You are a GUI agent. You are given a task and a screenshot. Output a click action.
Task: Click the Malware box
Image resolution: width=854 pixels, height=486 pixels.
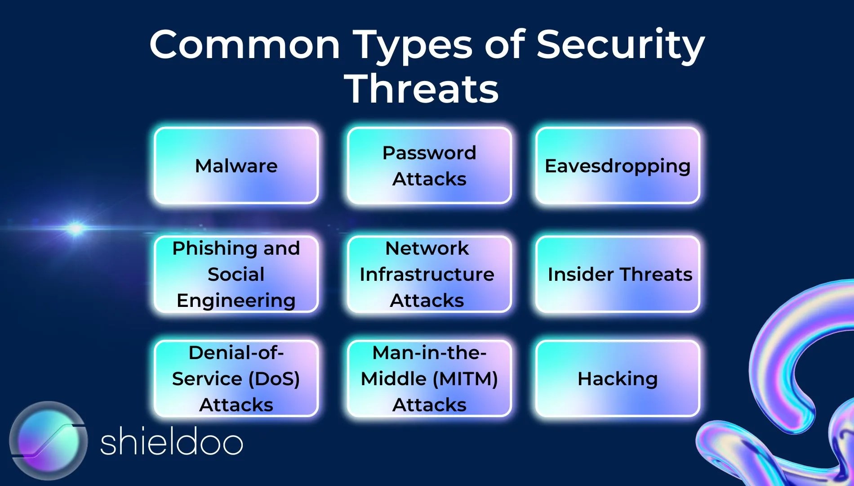236,166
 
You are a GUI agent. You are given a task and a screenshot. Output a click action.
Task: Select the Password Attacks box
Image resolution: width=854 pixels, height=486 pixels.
429,166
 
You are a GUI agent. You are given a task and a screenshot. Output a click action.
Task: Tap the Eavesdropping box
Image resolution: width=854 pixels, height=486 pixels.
618,166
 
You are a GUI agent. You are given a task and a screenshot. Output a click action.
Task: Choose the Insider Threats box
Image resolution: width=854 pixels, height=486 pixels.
618,274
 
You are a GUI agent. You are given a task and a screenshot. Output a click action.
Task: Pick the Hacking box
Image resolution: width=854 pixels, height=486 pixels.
618,378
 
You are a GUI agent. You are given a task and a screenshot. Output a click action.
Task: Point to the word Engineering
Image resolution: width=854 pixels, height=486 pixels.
236,301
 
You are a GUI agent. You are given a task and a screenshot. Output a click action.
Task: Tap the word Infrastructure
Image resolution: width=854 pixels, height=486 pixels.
427,274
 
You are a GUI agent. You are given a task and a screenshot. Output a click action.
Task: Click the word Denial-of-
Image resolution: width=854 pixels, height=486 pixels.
236,353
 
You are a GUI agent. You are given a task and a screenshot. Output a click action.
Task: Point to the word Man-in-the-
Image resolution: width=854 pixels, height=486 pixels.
429,353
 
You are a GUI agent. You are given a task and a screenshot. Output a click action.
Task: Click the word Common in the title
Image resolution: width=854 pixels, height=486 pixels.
245,45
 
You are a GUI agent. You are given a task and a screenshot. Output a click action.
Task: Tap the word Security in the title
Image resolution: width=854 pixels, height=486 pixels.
620,45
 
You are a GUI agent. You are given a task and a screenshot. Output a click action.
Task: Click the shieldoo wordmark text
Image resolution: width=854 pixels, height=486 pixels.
171,443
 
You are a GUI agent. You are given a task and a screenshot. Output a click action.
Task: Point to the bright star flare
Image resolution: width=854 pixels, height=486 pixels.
76,229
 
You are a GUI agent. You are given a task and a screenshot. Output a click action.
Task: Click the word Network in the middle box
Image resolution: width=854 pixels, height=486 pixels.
427,248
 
